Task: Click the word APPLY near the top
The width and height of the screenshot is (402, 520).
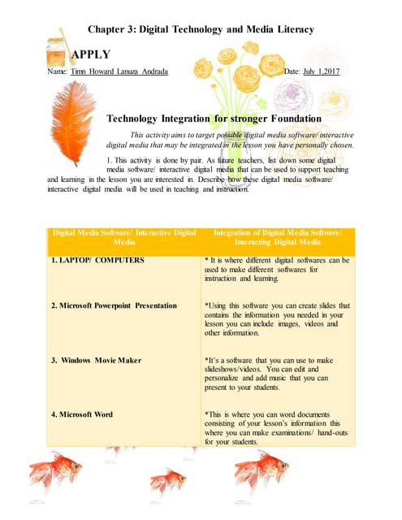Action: pyautogui.click(x=92, y=54)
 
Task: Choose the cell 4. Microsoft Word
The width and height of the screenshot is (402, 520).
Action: pyautogui.click(x=85, y=414)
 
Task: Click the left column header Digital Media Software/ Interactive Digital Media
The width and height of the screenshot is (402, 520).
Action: pyautogui.click(x=123, y=237)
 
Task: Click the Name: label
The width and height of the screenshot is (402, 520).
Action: pyautogui.click(x=57, y=72)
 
